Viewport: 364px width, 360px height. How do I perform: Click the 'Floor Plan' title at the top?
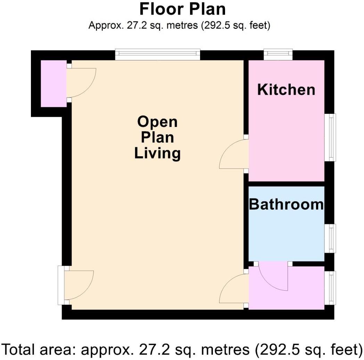[x=182, y=9]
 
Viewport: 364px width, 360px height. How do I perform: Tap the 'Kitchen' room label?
[x=286, y=90]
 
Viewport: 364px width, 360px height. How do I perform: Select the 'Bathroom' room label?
[x=286, y=204]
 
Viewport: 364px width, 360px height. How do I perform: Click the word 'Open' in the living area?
[x=157, y=122]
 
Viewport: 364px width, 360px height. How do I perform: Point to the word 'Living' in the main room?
[x=157, y=153]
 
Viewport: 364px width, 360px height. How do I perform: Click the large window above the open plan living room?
[x=157, y=54]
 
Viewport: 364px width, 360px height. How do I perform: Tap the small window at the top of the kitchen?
[x=278, y=54]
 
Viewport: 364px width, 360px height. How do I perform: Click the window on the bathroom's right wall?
[x=330, y=238]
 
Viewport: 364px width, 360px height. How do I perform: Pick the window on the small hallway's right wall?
[x=330, y=287]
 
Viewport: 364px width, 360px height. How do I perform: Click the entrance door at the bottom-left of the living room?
[x=78, y=285]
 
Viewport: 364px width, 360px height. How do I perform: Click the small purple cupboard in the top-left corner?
[x=53, y=83]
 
